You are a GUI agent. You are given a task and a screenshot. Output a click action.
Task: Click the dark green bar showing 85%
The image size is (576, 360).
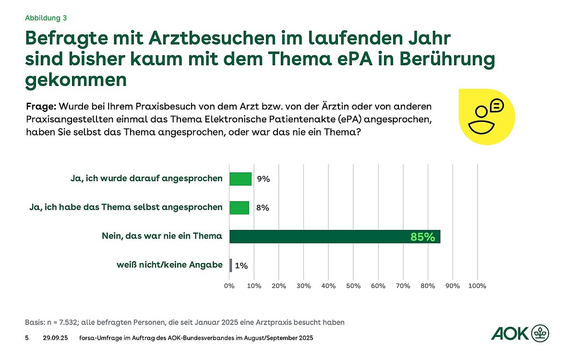coord(335,237)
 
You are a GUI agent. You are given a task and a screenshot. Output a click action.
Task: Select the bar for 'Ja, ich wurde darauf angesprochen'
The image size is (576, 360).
coord(240,179)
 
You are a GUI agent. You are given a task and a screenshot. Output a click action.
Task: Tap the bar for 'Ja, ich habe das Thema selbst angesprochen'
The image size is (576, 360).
coord(239,208)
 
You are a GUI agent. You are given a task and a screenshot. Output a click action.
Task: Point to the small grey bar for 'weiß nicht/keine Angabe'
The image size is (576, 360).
coord(231,265)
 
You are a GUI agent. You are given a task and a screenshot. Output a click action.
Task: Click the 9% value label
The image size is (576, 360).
coord(264,179)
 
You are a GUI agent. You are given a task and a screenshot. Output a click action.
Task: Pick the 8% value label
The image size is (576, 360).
coord(263,208)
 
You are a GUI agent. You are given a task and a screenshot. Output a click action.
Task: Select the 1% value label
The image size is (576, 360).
coord(241,265)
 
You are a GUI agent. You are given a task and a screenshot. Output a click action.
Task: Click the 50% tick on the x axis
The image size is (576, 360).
coord(353,286)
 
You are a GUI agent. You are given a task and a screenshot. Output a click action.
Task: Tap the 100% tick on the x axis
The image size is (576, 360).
coord(477,286)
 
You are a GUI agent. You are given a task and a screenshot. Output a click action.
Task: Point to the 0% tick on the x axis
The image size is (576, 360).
coord(229,286)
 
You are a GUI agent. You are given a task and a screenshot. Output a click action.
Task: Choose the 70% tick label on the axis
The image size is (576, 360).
coord(403,286)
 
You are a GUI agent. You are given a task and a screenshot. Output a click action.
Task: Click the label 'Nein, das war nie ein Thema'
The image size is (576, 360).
coord(162,236)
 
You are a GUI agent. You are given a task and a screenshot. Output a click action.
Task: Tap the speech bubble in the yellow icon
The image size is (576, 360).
coord(496,105)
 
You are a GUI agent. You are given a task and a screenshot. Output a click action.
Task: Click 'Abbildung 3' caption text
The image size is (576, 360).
coord(46,18)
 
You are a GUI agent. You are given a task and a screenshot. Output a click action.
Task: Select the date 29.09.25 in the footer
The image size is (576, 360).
coord(55,338)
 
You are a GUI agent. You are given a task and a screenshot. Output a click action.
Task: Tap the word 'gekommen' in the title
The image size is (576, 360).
coord(76,80)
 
